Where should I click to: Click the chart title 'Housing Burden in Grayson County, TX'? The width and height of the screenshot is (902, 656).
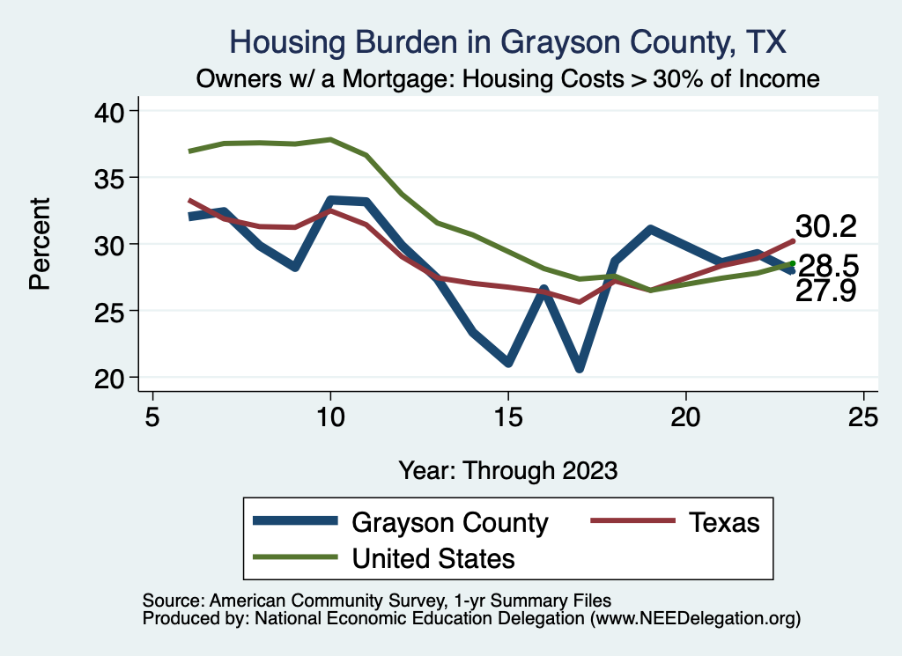click(x=506, y=41)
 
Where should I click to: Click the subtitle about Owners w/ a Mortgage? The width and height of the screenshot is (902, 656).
click(x=508, y=79)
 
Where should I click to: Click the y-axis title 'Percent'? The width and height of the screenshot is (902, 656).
click(x=39, y=244)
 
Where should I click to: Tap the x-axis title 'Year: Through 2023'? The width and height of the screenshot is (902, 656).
click(x=508, y=469)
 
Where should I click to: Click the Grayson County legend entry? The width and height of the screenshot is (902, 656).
click(x=449, y=522)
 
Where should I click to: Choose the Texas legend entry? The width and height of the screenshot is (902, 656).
click(x=722, y=522)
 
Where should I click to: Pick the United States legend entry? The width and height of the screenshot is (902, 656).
click(x=433, y=557)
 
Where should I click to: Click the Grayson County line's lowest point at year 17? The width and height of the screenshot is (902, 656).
click(x=580, y=368)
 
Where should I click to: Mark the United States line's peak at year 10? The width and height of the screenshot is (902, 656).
click(x=330, y=139)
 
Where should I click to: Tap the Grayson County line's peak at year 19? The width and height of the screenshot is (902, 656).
click(x=650, y=230)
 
